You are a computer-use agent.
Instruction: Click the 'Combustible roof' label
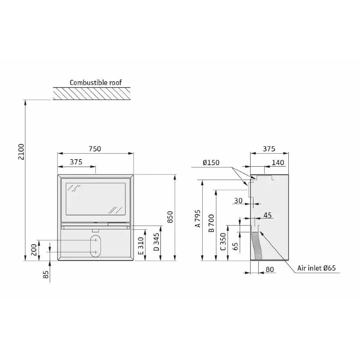(95, 82)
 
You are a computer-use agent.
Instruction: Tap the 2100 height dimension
(21, 152)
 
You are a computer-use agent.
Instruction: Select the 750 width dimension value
(95, 149)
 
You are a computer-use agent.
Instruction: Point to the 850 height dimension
(170, 217)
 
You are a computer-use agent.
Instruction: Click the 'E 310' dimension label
(141, 246)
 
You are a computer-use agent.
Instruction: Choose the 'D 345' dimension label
(156, 242)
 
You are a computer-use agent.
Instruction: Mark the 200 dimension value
(34, 250)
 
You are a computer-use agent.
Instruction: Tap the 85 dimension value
(46, 275)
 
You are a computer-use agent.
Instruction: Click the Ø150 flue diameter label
(211, 163)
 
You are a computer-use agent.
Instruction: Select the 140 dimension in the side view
(278, 163)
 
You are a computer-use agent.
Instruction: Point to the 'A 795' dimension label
(198, 218)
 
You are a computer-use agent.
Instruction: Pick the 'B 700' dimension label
(211, 223)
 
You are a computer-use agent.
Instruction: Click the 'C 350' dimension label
(223, 242)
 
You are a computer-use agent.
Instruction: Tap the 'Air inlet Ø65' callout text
(317, 268)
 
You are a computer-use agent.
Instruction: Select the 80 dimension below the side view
(270, 269)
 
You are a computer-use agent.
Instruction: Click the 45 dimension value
(268, 215)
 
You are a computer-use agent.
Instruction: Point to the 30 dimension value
(238, 201)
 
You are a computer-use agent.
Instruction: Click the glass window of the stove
(96, 199)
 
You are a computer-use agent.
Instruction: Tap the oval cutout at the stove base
(96, 246)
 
